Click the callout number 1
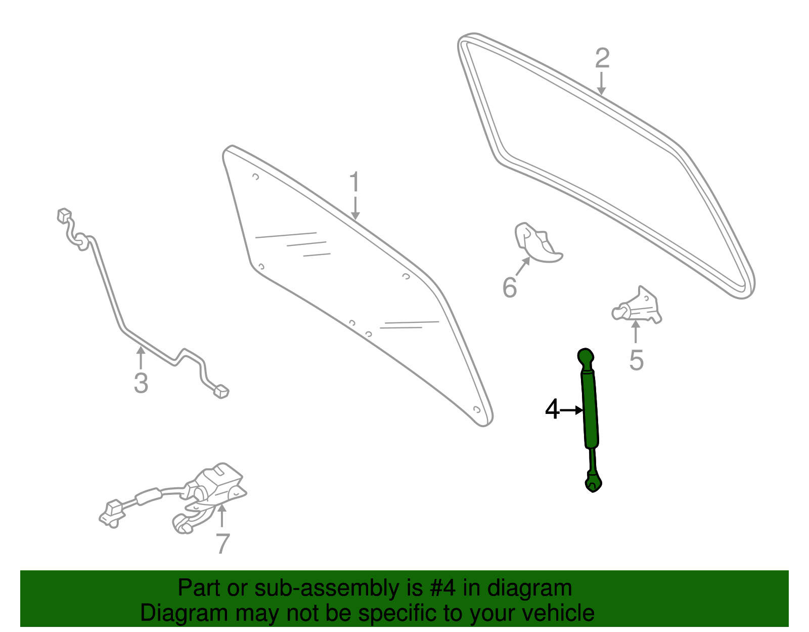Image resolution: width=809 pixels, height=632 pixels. tap(354, 181)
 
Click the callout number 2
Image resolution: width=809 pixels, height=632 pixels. tap(602, 58)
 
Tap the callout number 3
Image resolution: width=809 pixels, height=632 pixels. tap(141, 383)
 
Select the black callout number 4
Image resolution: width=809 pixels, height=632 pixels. tap(553, 409)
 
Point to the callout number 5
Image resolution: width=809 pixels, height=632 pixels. tap(636, 360)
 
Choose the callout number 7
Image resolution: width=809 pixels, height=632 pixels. tap(222, 543)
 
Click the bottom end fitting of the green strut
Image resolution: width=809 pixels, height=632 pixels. tap(594, 482)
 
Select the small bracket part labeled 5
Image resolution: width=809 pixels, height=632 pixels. tap(637, 306)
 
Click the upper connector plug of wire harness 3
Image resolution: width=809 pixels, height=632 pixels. tap(64, 215)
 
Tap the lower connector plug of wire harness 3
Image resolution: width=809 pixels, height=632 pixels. tap(221, 392)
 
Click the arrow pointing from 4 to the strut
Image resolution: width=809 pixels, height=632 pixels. tap(571, 410)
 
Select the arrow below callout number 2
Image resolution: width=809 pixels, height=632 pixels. tap(601, 83)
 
